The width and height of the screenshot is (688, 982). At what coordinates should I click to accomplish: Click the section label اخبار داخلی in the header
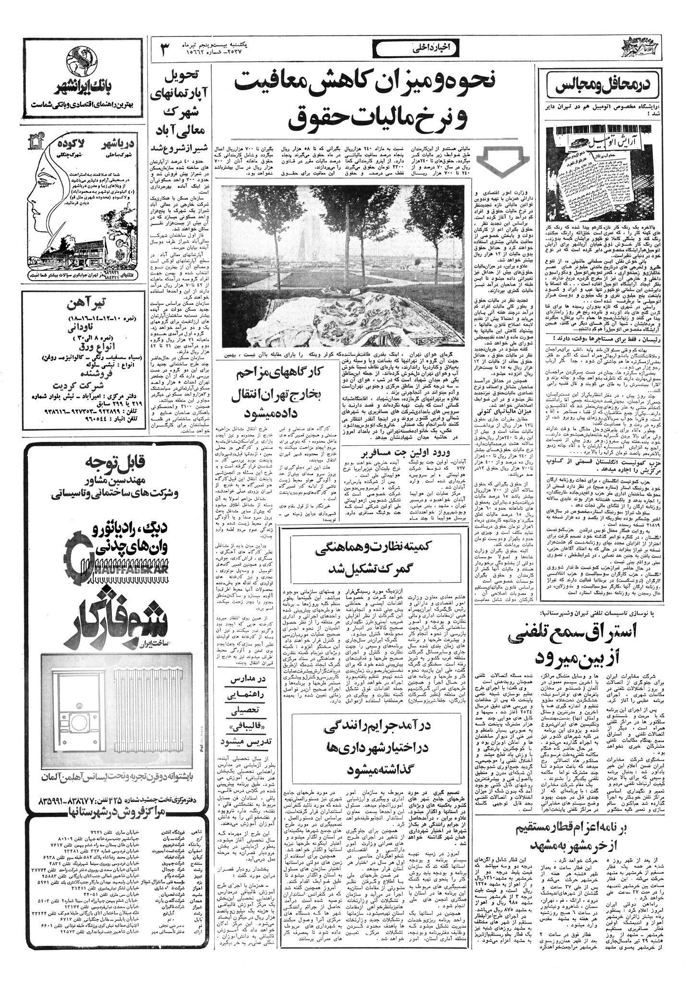point(412,47)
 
